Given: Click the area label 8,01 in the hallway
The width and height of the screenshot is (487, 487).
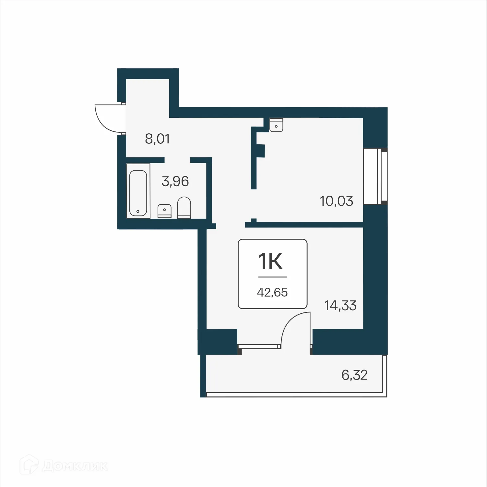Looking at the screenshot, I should pyautogui.click(x=157, y=139).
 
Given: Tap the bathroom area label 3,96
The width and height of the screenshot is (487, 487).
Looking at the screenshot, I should pyautogui.click(x=175, y=181).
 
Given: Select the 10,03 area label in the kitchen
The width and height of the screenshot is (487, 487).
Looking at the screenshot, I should pyautogui.click(x=336, y=201).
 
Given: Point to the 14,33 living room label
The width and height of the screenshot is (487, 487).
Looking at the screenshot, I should pyautogui.click(x=340, y=306).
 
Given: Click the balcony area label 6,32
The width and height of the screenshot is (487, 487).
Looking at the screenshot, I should pyautogui.click(x=354, y=375).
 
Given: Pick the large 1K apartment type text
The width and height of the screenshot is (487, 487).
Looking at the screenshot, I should pyautogui.click(x=270, y=261).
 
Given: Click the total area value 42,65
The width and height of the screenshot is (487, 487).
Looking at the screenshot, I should pyautogui.click(x=272, y=292).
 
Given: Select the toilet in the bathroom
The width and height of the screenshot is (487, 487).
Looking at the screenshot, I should pyautogui.click(x=184, y=207).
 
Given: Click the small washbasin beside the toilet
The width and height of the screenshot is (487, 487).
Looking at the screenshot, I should pyautogui.click(x=165, y=211).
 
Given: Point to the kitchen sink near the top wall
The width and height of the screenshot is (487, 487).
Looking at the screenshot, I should pyautogui.click(x=276, y=125).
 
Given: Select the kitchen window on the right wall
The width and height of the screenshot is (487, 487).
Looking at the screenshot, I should pyautogui.click(x=375, y=176).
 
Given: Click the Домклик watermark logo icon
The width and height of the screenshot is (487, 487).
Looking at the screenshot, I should pyautogui.click(x=29, y=466).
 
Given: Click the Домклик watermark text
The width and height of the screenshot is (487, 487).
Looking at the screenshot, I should pyautogui.click(x=75, y=466).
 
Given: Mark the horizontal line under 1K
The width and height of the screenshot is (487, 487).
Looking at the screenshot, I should pyautogui.click(x=272, y=277).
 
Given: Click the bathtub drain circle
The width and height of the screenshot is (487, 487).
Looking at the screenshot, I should pyautogui.click(x=138, y=211).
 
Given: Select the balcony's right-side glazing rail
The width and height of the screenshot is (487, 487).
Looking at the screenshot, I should pyautogui.click(x=385, y=376).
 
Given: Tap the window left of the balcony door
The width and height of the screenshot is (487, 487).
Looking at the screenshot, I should pyautogui.click(x=259, y=346).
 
